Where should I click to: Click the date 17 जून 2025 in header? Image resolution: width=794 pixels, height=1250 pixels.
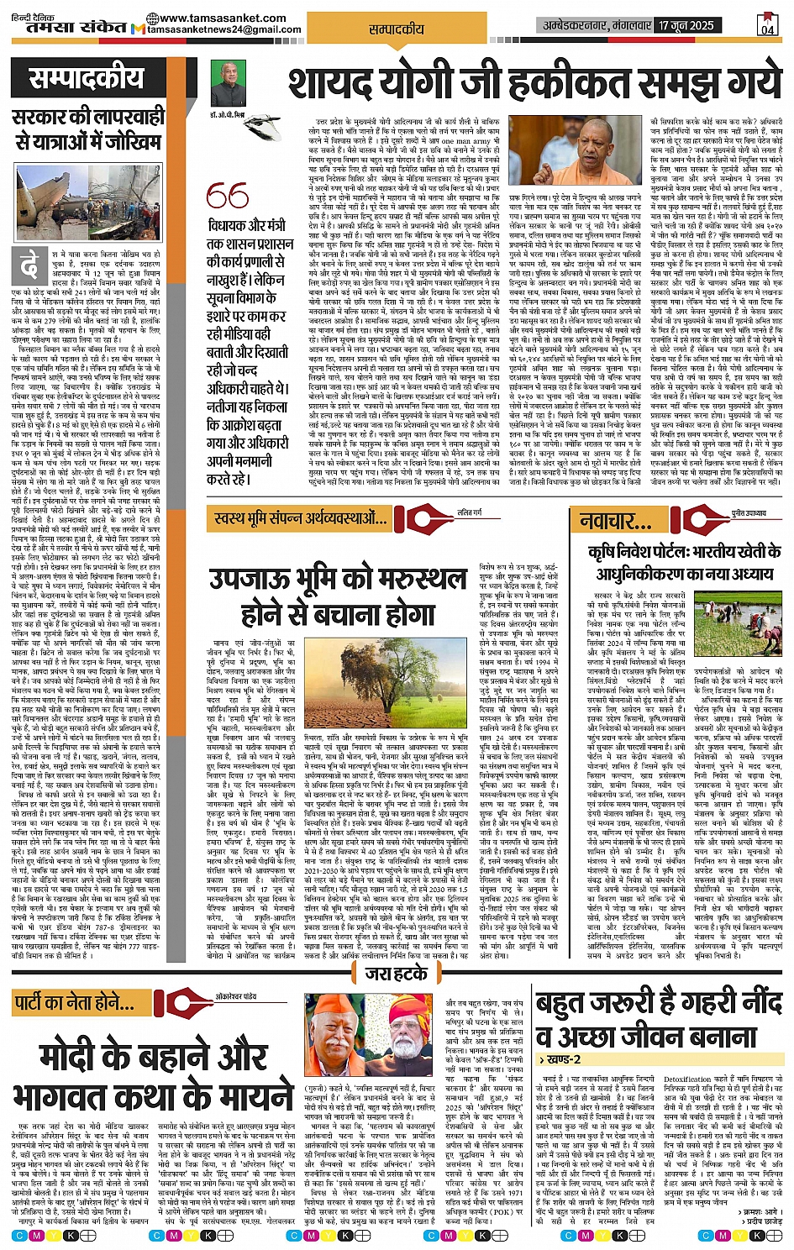click(x=686, y=25)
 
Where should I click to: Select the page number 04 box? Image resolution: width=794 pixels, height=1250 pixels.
click(x=767, y=25)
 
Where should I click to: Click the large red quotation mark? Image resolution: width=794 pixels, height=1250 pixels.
click(x=227, y=196)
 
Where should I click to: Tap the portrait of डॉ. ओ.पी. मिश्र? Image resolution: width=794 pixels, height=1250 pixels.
click(x=229, y=82)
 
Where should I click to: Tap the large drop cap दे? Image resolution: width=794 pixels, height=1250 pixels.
click(x=30, y=267)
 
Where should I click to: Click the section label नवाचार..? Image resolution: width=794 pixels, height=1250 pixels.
click(x=616, y=521)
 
